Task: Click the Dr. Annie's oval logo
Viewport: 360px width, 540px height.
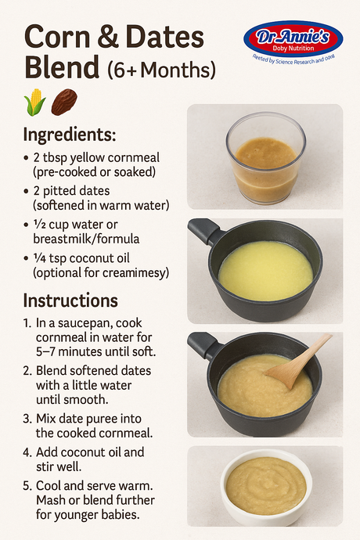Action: tap(293, 39)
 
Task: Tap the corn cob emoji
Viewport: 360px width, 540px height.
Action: tap(34, 102)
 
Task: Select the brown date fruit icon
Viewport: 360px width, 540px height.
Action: tap(64, 102)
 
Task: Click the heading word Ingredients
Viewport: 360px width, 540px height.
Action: tap(69, 135)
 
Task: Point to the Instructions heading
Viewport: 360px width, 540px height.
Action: tap(70, 301)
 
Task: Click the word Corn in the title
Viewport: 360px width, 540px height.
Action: tap(57, 37)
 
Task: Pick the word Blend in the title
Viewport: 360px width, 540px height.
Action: tap(62, 67)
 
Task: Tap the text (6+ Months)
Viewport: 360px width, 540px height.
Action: tap(161, 70)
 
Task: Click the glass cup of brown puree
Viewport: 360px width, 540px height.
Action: tap(265, 158)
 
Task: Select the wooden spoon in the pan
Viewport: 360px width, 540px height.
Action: tap(298, 362)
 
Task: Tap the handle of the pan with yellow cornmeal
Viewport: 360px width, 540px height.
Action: tap(204, 230)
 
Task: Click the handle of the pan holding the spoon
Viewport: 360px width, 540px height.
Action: tap(204, 344)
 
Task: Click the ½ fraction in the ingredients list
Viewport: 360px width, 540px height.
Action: tap(39, 224)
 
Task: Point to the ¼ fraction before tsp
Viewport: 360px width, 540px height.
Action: tap(39, 258)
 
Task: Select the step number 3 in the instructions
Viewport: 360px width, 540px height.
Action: tap(27, 419)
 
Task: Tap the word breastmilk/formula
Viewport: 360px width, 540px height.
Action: tap(86, 239)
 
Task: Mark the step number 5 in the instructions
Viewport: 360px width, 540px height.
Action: tap(27, 486)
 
